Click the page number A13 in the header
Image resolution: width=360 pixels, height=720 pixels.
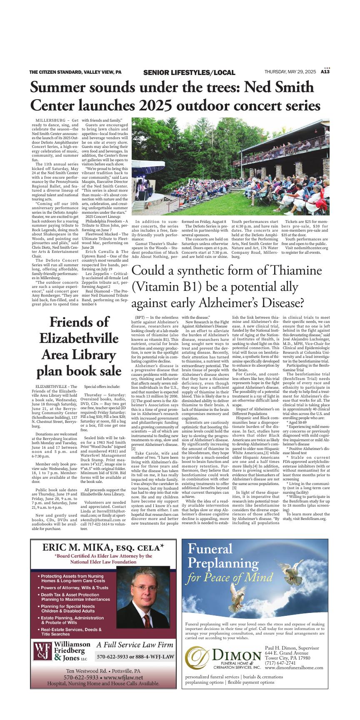[325, 72]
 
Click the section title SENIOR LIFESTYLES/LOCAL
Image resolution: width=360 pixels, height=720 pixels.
[189, 72]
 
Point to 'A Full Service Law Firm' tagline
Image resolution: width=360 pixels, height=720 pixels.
[135, 645]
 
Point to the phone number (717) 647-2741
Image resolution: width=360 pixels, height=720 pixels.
[280, 662]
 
